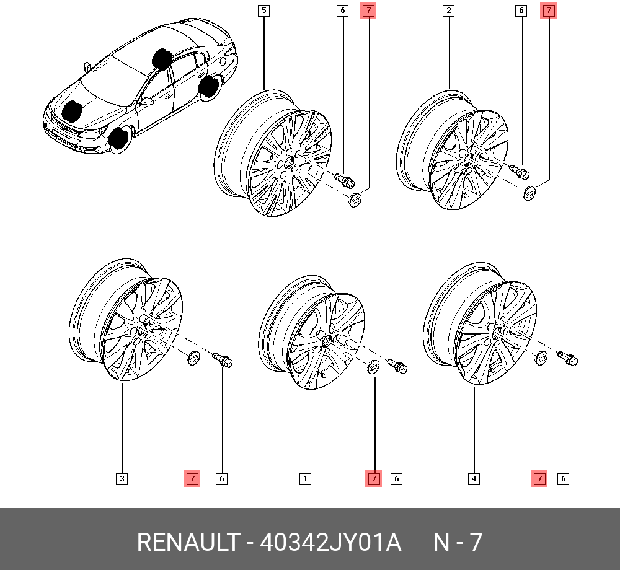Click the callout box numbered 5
264,11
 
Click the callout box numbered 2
448,11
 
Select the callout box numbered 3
122,479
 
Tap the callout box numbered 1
305,479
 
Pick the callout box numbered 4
474,479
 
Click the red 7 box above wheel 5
368,11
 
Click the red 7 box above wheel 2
549,11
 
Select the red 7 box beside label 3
193,479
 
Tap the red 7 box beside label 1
374,479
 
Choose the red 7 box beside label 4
539,479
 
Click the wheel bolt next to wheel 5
344,180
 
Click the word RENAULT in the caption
187,543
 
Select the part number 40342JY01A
330,543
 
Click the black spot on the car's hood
74,111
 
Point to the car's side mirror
146,100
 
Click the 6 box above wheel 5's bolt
342,11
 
